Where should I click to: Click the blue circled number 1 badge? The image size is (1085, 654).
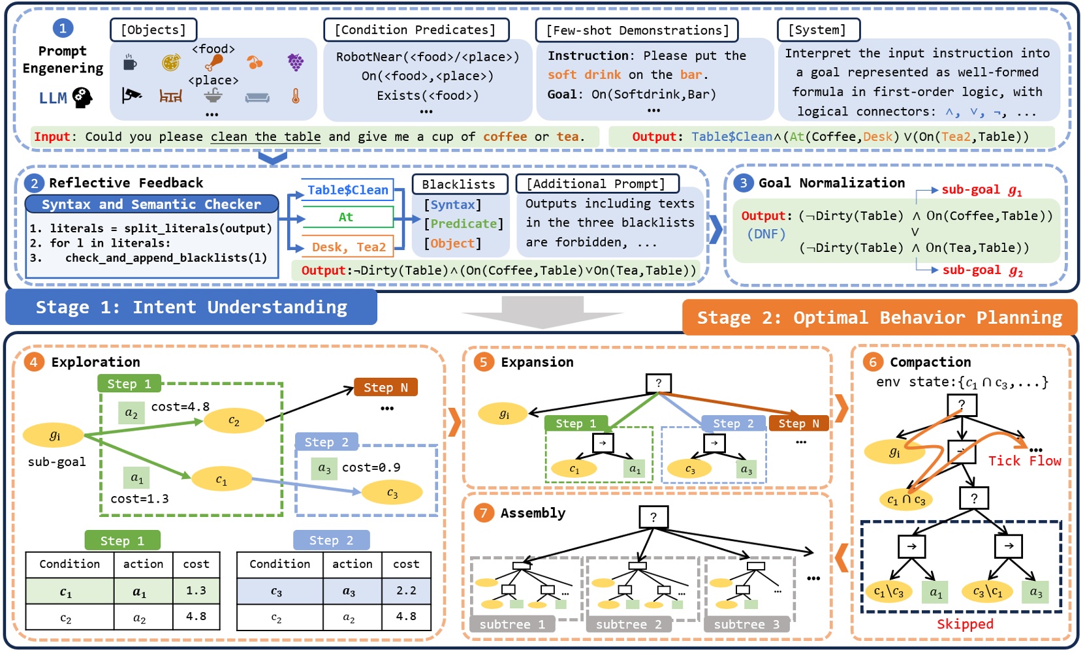coord(63,28)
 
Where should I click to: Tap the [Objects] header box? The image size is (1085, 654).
coord(153,30)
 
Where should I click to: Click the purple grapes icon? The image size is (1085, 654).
coord(296,62)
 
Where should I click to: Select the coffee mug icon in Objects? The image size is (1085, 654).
coord(130,63)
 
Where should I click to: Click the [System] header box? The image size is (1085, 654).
coord(818,30)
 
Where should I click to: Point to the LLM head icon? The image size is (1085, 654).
coord(82,98)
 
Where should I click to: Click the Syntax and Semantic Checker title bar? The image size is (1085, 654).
coord(151,204)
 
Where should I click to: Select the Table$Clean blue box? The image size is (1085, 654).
coord(348,190)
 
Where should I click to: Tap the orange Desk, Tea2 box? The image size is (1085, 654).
coord(349,247)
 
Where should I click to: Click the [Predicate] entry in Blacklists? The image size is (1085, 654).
coord(464,224)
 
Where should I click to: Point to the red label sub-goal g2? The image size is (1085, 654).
coord(982,270)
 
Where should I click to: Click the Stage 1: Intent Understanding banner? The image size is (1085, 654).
coord(191,307)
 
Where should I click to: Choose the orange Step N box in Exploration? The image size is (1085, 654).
coord(385,387)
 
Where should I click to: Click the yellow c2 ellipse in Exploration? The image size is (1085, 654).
coord(234,422)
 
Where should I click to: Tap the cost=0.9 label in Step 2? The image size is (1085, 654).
coord(371,467)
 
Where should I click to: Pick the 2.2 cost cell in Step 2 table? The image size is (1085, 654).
coord(406,591)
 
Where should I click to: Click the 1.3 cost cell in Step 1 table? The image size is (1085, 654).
coord(196,591)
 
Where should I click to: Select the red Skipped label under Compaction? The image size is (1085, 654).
coord(965,624)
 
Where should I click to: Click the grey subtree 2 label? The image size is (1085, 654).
coord(629,625)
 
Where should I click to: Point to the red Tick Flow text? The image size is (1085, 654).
coord(1024,461)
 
